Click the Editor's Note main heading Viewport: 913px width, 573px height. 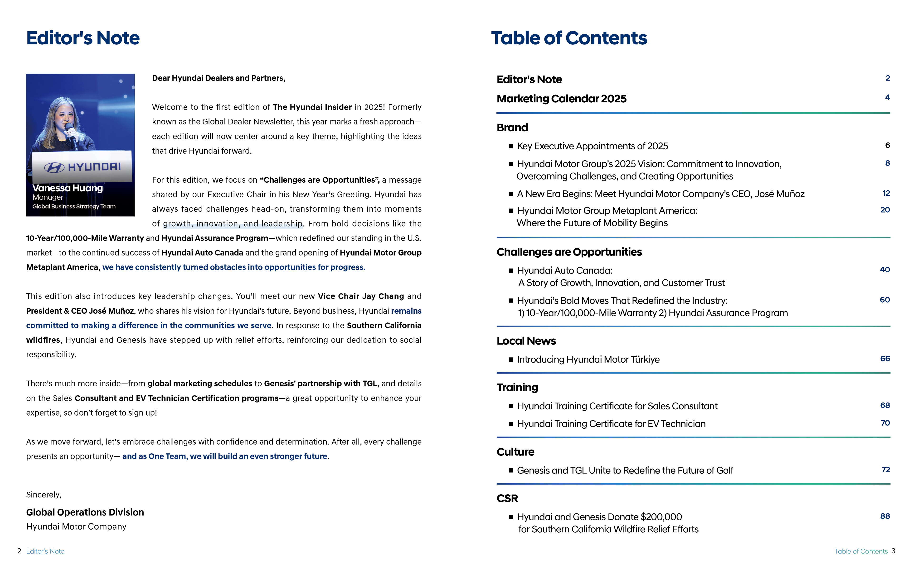coord(83,38)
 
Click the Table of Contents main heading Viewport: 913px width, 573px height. coord(569,38)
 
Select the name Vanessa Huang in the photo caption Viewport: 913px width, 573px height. coord(68,188)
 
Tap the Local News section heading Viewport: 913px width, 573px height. coord(526,341)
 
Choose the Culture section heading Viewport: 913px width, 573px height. coord(515,452)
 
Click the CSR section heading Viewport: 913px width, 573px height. coord(507,498)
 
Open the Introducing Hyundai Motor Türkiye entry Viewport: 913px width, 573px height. coord(588,360)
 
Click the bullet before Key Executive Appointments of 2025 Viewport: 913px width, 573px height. coord(511,146)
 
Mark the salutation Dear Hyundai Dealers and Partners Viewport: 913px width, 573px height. coord(219,78)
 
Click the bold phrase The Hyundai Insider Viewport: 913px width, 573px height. coord(312,107)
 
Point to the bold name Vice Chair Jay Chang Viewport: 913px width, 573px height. coord(361,296)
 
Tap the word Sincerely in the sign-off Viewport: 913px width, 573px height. coord(44,495)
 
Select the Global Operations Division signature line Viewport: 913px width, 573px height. coord(85,512)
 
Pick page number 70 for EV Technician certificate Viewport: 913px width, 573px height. coord(885,423)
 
